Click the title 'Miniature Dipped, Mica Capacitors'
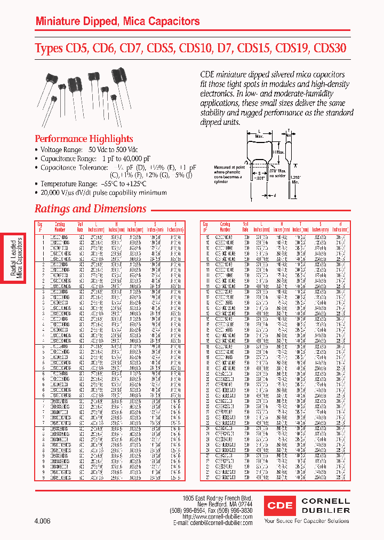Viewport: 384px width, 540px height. [117, 22]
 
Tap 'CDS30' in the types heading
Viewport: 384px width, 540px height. [330, 48]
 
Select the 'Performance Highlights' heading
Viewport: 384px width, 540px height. [84, 139]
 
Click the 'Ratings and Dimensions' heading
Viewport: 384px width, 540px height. [90, 209]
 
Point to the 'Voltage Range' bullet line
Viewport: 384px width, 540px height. [89, 150]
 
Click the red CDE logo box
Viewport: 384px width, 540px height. [279, 505]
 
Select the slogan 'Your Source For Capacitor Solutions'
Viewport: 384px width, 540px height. [307, 521]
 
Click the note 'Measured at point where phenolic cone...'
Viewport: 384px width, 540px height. [228, 173]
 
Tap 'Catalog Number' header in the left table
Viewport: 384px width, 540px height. [60, 226]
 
